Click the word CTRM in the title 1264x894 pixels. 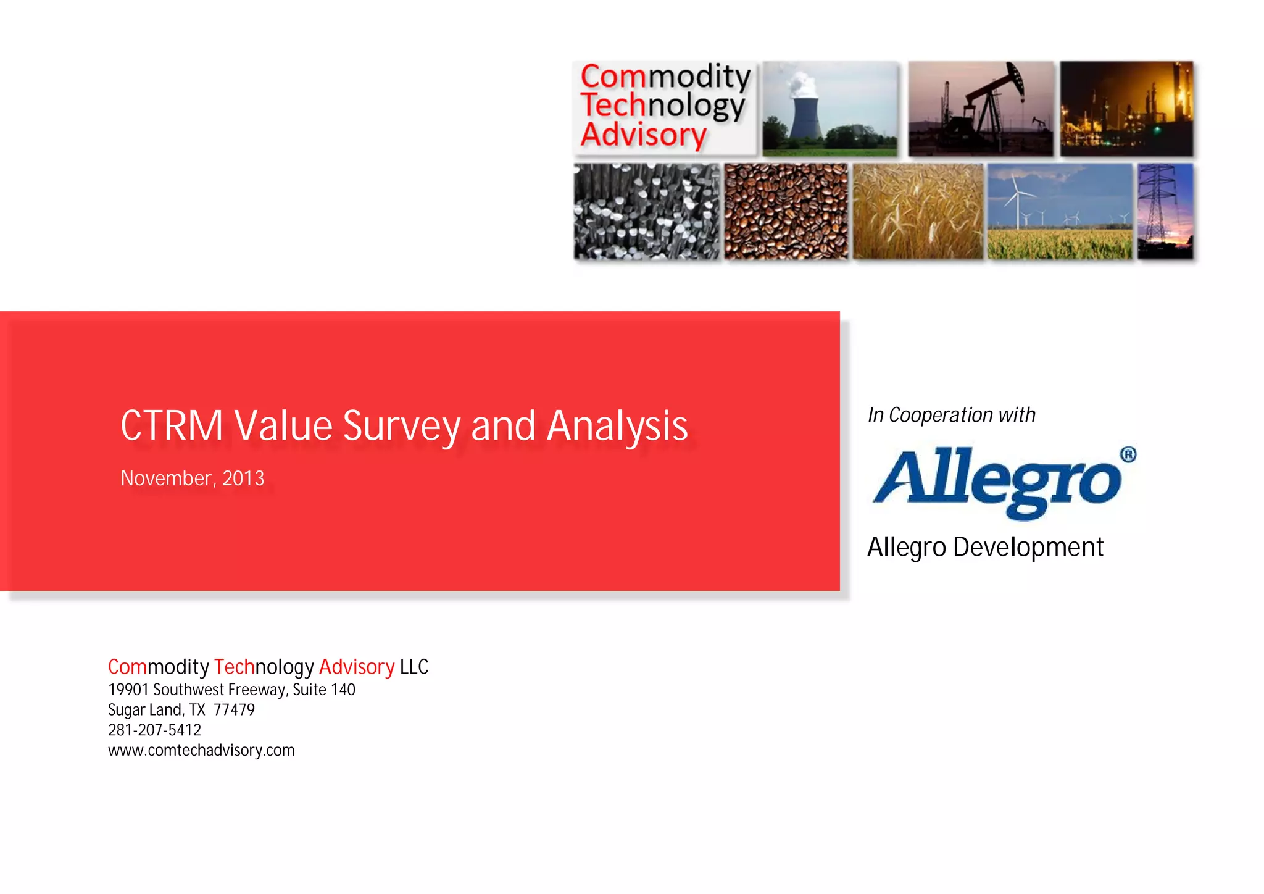[172, 426]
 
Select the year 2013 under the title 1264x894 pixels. [243, 478]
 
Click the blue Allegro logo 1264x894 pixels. [997, 482]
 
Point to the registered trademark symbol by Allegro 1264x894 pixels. [1128, 455]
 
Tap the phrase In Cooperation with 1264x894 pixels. [951, 415]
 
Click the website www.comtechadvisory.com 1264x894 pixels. [201, 750]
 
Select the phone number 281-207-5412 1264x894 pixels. [154, 730]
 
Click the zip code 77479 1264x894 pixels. [234, 710]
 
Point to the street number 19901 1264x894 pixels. [128, 690]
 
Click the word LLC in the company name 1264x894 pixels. [414, 667]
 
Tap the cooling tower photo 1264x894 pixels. [829, 109]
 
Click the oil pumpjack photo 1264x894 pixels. [980, 109]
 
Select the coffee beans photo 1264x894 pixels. [786, 211]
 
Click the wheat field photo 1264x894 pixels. [918, 211]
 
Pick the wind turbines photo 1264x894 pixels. [1060, 211]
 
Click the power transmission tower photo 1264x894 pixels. [1165, 211]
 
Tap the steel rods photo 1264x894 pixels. [646, 211]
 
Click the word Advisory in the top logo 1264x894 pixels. [643, 135]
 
